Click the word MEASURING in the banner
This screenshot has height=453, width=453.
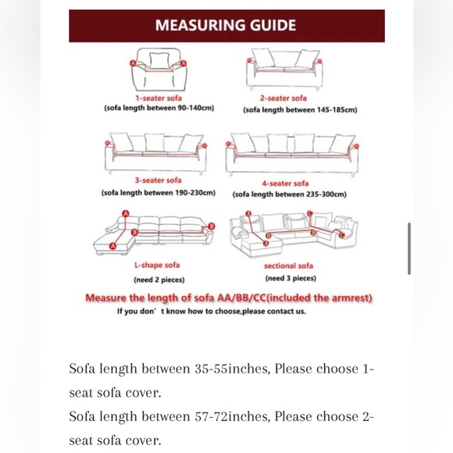[200, 25]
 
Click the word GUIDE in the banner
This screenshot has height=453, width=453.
[273, 25]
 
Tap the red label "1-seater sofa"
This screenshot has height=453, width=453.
[159, 98]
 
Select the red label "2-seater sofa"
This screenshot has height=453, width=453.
[284, 98]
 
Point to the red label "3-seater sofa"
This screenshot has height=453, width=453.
[159, 180]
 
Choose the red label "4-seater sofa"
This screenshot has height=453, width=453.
[285, 184]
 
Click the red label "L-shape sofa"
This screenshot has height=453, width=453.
[157, 266]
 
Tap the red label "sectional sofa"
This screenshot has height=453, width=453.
[289, 266]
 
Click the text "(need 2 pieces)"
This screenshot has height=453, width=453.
[159, 280]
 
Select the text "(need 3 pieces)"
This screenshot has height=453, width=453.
[291, 278]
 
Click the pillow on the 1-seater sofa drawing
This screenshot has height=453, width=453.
[159, 61]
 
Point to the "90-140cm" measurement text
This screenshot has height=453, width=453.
[197, 108]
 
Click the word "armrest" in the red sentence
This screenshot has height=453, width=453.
[351, 298]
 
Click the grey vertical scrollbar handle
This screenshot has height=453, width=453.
[409, 248]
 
